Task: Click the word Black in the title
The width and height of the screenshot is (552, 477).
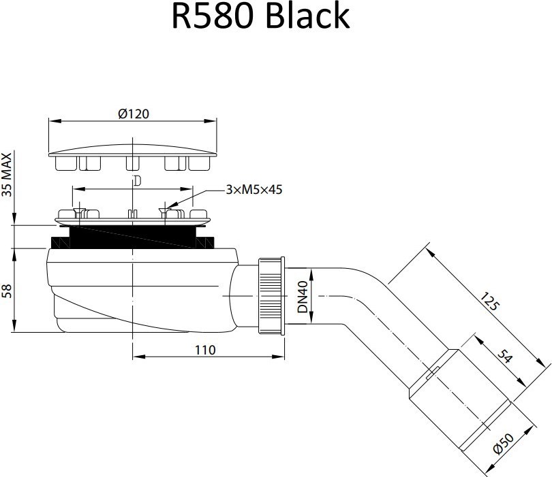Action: (x=307, y=17)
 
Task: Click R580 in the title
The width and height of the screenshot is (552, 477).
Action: (x=212, y=17)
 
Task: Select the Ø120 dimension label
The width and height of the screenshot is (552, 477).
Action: (x=134, y=114)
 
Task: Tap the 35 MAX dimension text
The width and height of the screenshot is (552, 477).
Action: (x=7, y=174)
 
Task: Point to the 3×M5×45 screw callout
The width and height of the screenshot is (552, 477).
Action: (x=254, y=190)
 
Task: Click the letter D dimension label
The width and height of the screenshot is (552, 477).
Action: (x=136, y=181)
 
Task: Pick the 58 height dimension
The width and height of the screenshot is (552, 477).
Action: (x=7, y=291)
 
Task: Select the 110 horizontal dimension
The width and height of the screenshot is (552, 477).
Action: (x=204, y=350)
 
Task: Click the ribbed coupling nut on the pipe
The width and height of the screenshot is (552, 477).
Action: (x=271, y=295)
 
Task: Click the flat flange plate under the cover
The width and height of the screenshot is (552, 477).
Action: (x=133, y=220)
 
